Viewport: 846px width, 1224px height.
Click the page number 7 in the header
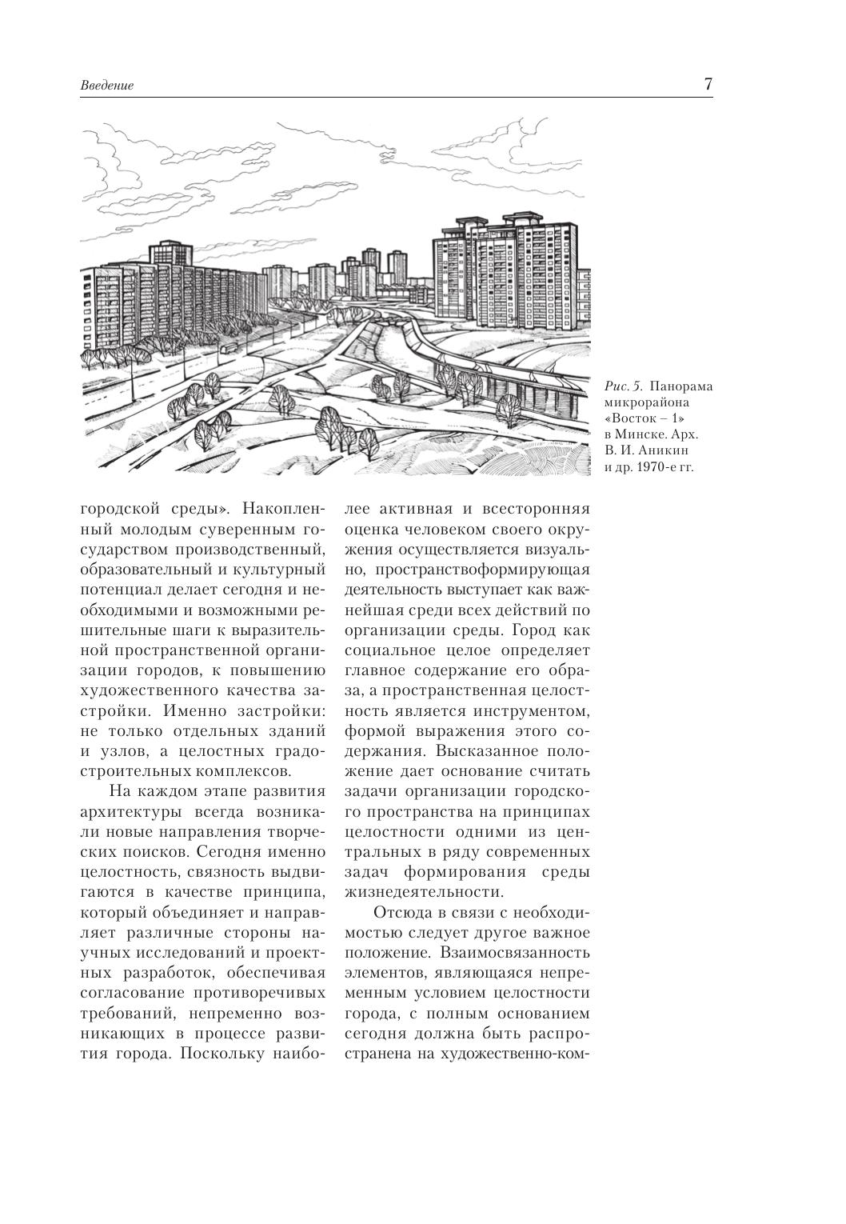tap(708, 84)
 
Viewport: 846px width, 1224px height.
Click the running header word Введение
tap(107, 86)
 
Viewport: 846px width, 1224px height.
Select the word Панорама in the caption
tap(682, 387)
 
